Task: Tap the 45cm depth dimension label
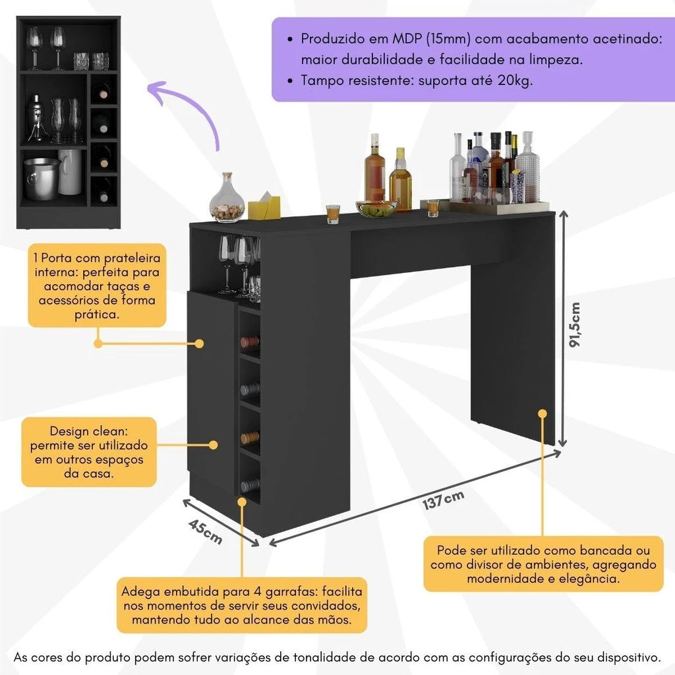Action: [205, 531]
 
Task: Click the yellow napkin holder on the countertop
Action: [264, 206]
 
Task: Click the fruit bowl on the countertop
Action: [376, 209]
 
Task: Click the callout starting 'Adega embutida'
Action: [241, 605]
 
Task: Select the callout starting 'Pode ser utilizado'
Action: [543, 564]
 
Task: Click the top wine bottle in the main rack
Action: [249, 341]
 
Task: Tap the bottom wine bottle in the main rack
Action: [249, 486]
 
